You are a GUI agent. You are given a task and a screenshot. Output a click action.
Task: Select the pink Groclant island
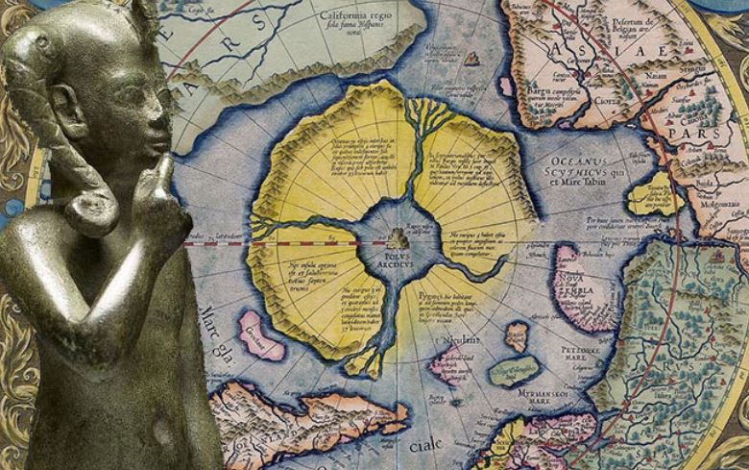pyautogui.click(x=260, y=332)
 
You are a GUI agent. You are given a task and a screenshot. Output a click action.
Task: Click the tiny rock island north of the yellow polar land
pyautogui.click(x=471, y=60)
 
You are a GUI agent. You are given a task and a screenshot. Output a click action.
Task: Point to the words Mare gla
pyautogui.click(x=215, y=332)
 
